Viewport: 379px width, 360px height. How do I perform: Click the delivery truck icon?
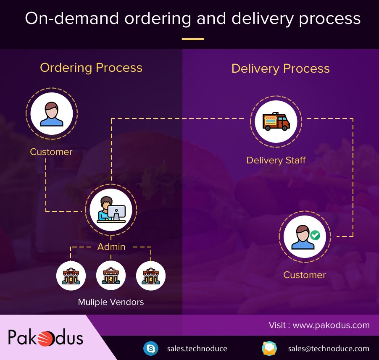(x=276, y=121)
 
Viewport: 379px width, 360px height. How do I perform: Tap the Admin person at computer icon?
(x=111, y=209)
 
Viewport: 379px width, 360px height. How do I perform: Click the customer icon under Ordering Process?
(x=52, y=114)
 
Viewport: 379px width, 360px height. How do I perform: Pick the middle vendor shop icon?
(x=111, y=276)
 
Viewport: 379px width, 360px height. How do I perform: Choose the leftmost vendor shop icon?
(x=71, y=276)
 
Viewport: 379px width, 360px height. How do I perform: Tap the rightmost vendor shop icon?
(x=151, y=276)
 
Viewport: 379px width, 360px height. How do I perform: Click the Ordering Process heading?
(x=91, y=68)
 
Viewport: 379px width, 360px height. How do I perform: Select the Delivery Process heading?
(x=280, y=68)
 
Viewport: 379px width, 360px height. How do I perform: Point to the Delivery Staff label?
(x=276, y=160)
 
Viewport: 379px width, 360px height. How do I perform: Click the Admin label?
(x=111, y=247)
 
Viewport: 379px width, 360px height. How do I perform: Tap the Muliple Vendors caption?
(x=111, y=302)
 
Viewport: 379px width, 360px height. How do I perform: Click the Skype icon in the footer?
(x=150, y=348)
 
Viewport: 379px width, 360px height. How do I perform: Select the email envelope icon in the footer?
(x=269, y=348)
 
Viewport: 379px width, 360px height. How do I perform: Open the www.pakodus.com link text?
(x=331, y=325)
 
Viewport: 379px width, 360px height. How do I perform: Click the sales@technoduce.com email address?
(x=329, y=348)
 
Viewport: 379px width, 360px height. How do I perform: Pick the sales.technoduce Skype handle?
(x=197, y=348)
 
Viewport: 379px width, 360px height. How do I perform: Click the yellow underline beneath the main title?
(x=193, y=39)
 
